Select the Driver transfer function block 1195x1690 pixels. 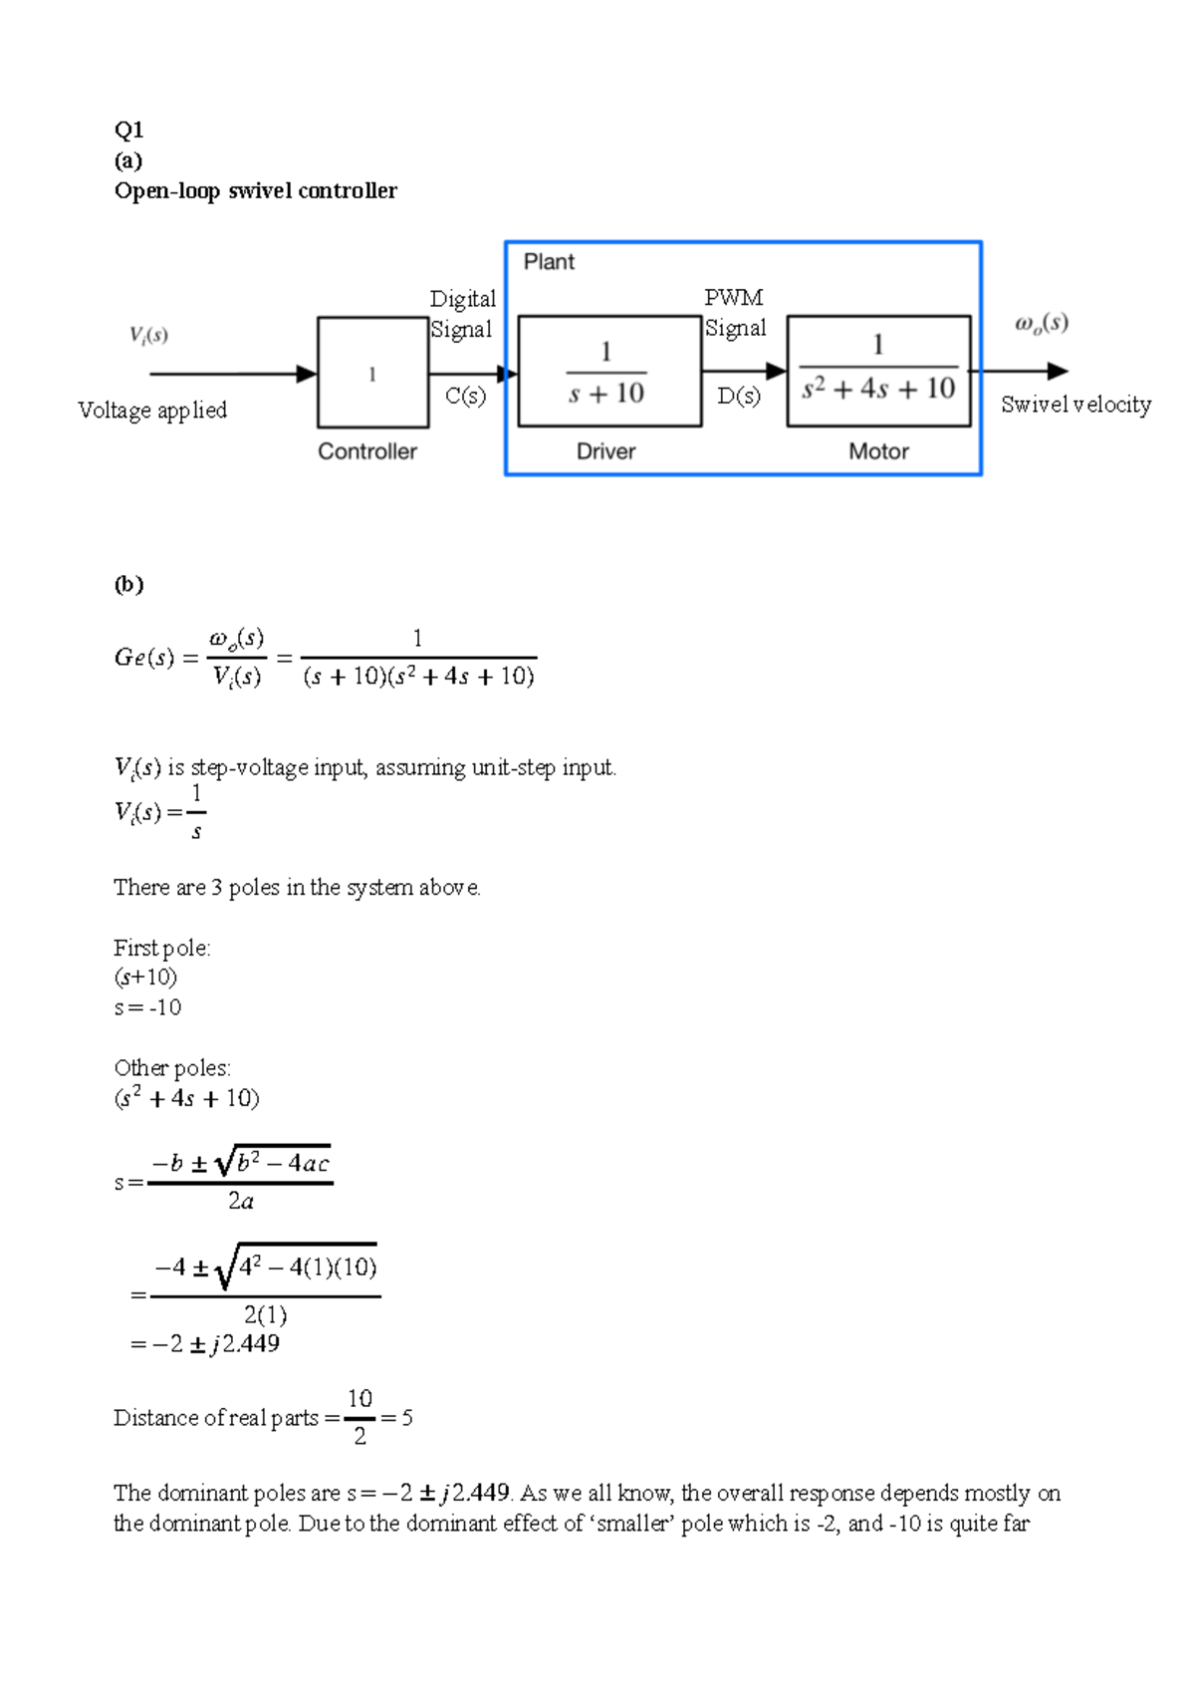point(609,372)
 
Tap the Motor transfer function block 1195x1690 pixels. point(878,371)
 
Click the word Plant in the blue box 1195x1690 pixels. point(549,262)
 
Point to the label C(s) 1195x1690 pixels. point(465,396)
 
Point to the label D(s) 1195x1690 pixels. point(739,396)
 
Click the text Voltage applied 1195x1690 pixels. point(152,411)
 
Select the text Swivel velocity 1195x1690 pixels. point(1075,405)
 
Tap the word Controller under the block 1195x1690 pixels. point(367,451)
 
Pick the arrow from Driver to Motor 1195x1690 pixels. point(744,372)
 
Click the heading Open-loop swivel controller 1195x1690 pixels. point(255,190)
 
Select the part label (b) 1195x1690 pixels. point(128,584)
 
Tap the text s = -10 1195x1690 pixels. point(147,1007)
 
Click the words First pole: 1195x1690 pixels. point(162,948)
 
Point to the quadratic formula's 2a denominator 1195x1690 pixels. point(241,1202)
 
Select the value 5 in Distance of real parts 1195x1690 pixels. point(406,1418)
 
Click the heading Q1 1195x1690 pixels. point(128,130)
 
